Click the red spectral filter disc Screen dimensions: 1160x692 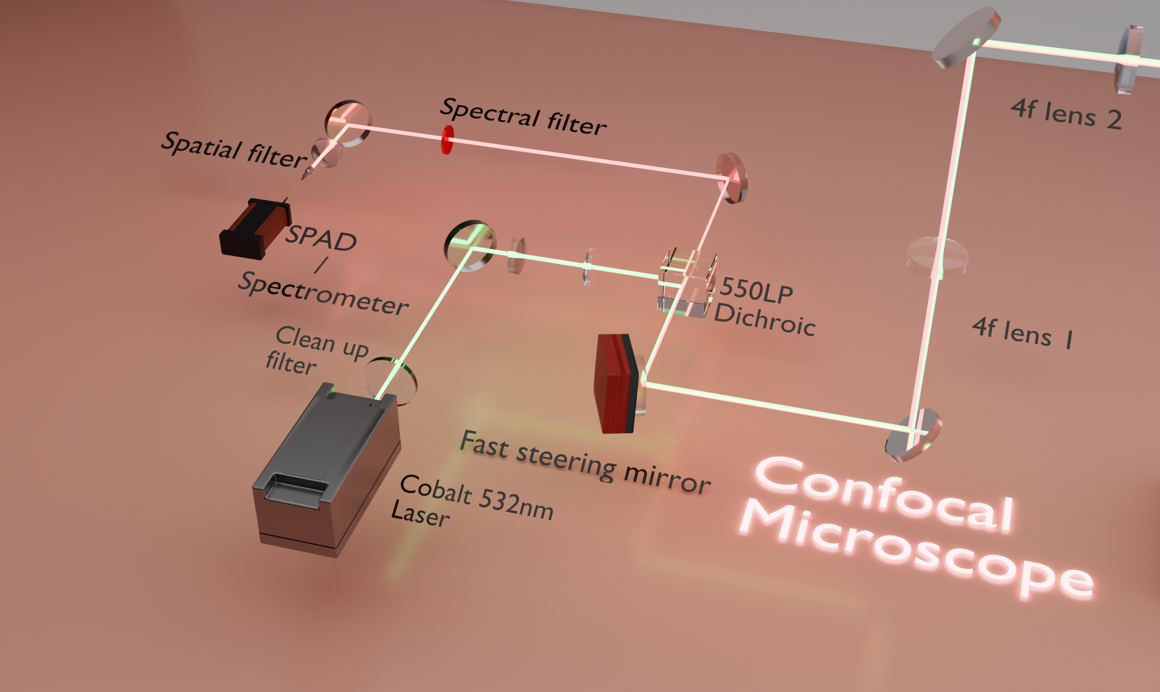pos(447,140)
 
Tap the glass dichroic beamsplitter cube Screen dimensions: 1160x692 pos(687,282)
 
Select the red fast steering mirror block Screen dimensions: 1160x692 pos(616,384)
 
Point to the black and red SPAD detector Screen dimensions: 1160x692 pos(254,228)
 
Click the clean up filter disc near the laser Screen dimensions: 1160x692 pos(391,380)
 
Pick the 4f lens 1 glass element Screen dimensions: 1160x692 pos(936,255)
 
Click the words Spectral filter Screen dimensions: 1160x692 pos(523,116)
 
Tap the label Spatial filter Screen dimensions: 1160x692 pos(233,150)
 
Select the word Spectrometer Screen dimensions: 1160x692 pos(324,293)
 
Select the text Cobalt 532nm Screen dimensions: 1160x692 pos(476,497)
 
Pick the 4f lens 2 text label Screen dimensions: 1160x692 pos(1066,113)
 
